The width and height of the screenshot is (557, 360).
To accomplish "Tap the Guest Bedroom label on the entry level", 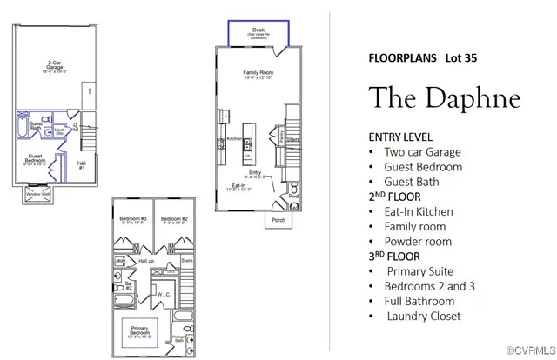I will [x=36, y=158].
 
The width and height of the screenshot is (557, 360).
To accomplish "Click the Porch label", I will [x=278, y=219].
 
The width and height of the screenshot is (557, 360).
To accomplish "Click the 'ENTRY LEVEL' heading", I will [x=400, y=137].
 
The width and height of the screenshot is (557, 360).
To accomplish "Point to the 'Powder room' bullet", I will [x=418, y=241].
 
